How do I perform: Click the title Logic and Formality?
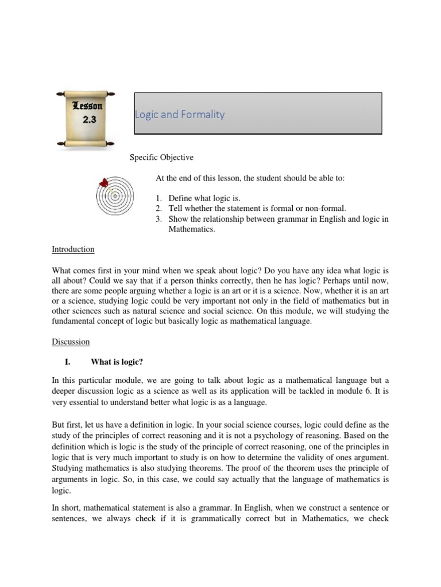[x=180, y=114]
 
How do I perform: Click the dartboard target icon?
[x=115, y=195]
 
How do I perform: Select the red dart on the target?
[x=104, y=183]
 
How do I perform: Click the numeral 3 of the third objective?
[x=158, y=218]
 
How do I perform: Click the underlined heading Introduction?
[x=73, y=249]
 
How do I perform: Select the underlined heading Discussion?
[x=71, y=342]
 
